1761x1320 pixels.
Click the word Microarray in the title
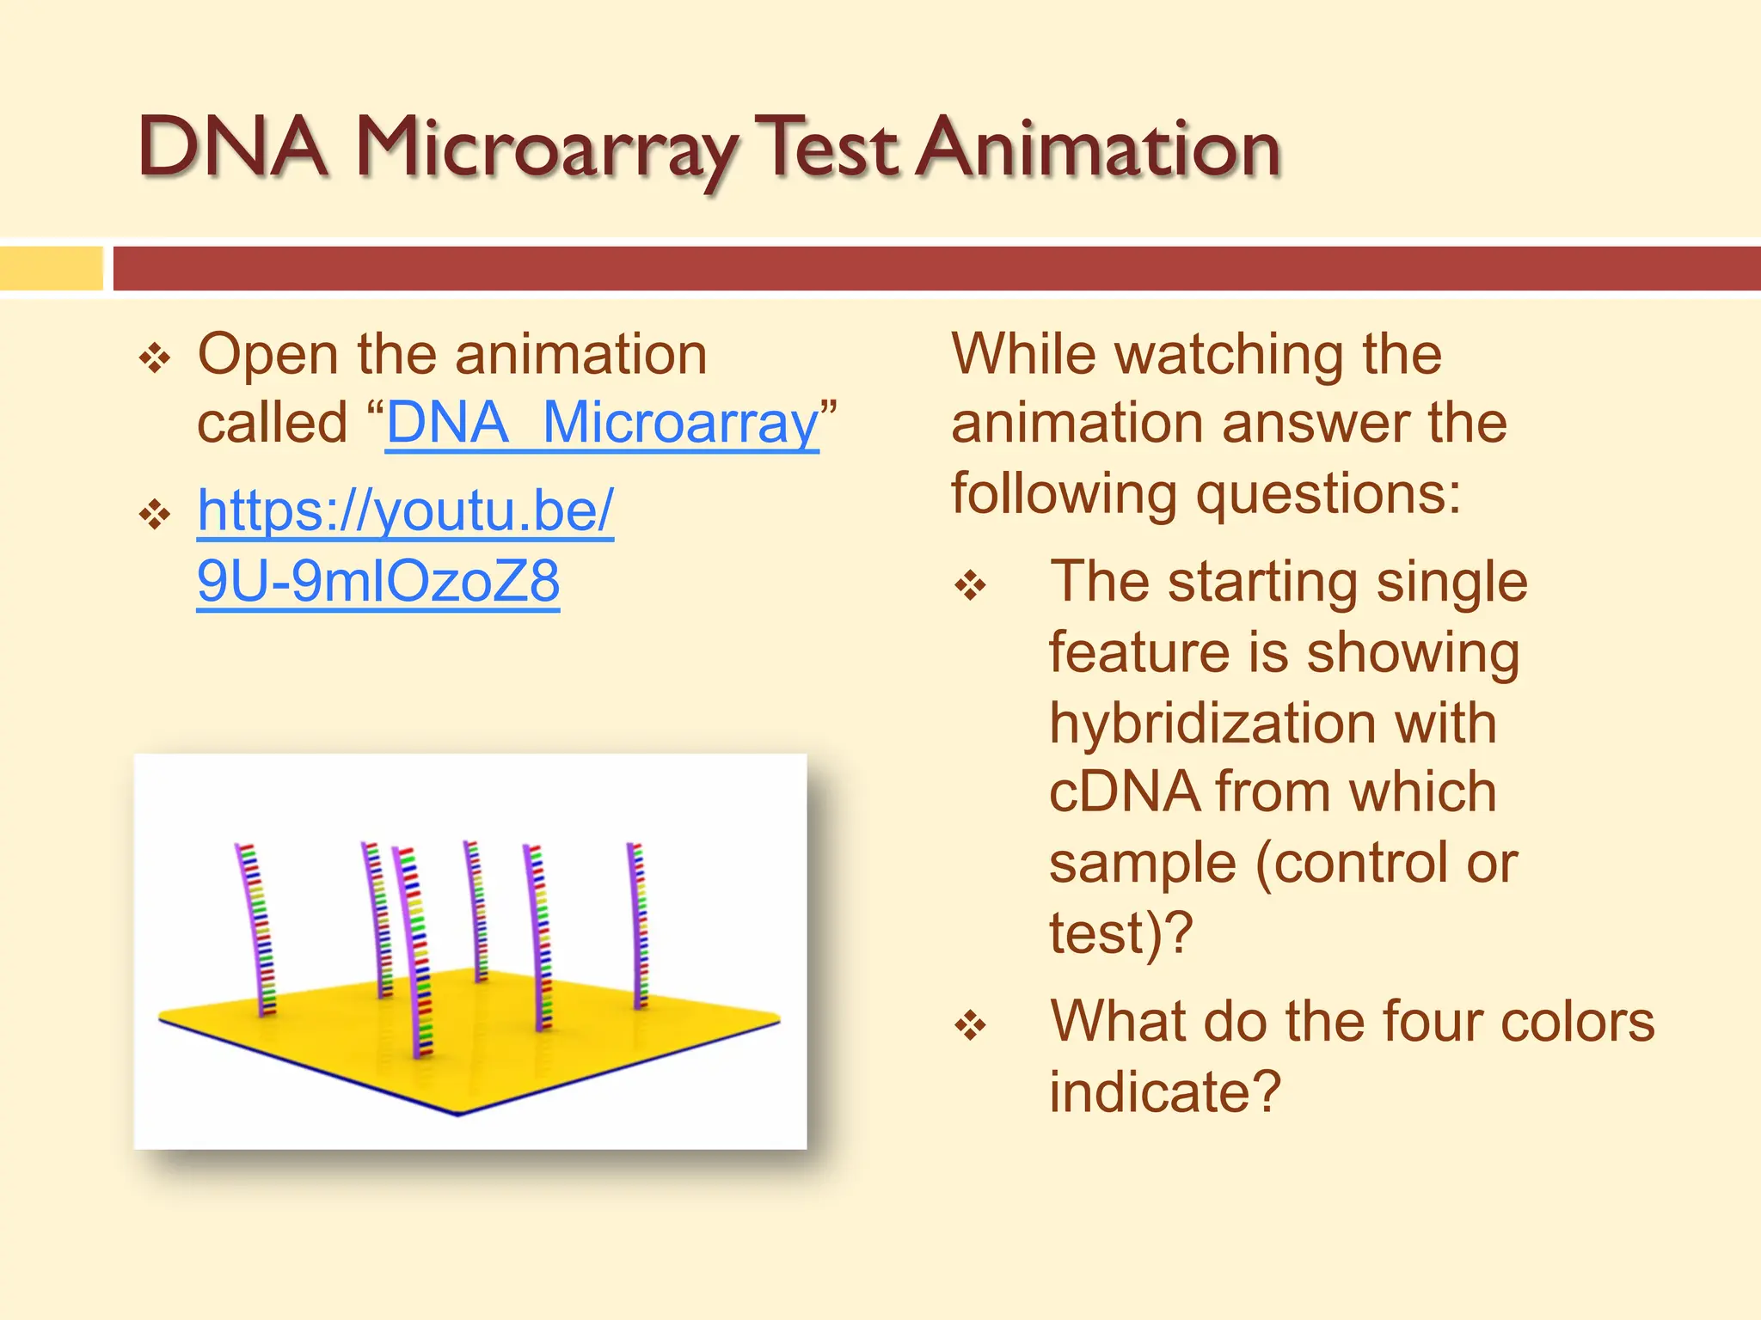546,150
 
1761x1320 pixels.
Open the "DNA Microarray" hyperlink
602,424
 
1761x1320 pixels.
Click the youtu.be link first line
405,510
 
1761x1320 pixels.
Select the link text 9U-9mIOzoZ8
378,581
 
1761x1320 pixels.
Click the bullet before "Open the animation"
155,357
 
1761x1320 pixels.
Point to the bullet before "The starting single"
971,586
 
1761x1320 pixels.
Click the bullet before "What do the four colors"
971,1024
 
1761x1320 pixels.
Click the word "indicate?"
1165,1093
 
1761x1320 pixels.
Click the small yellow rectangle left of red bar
52,268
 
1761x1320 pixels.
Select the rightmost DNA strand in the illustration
638,924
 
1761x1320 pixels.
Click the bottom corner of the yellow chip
457,1112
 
